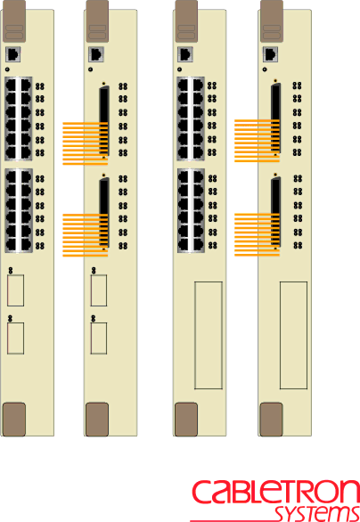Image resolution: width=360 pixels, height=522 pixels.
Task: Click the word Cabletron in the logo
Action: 275,493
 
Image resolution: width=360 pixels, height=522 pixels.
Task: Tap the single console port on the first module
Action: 13,54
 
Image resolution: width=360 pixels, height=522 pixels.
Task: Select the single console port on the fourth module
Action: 271,54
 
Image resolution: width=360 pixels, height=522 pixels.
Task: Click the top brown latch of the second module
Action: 97,21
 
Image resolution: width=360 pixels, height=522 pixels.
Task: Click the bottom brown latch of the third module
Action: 186,420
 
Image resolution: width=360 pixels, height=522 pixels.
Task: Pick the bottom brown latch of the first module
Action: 14,420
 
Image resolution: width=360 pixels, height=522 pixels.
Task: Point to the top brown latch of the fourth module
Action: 272,21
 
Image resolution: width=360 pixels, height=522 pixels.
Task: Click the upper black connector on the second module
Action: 104,120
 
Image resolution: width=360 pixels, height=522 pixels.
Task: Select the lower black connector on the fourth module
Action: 275,212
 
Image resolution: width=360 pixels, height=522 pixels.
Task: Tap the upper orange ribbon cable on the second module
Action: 86,143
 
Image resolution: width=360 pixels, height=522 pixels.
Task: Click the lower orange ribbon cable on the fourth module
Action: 258,234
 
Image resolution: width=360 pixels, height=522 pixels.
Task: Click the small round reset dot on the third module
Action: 180,69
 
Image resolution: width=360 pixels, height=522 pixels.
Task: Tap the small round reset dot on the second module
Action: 91,69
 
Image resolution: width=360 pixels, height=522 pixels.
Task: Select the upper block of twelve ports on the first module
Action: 19,118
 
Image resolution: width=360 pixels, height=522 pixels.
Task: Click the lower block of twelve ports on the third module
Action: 191,210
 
